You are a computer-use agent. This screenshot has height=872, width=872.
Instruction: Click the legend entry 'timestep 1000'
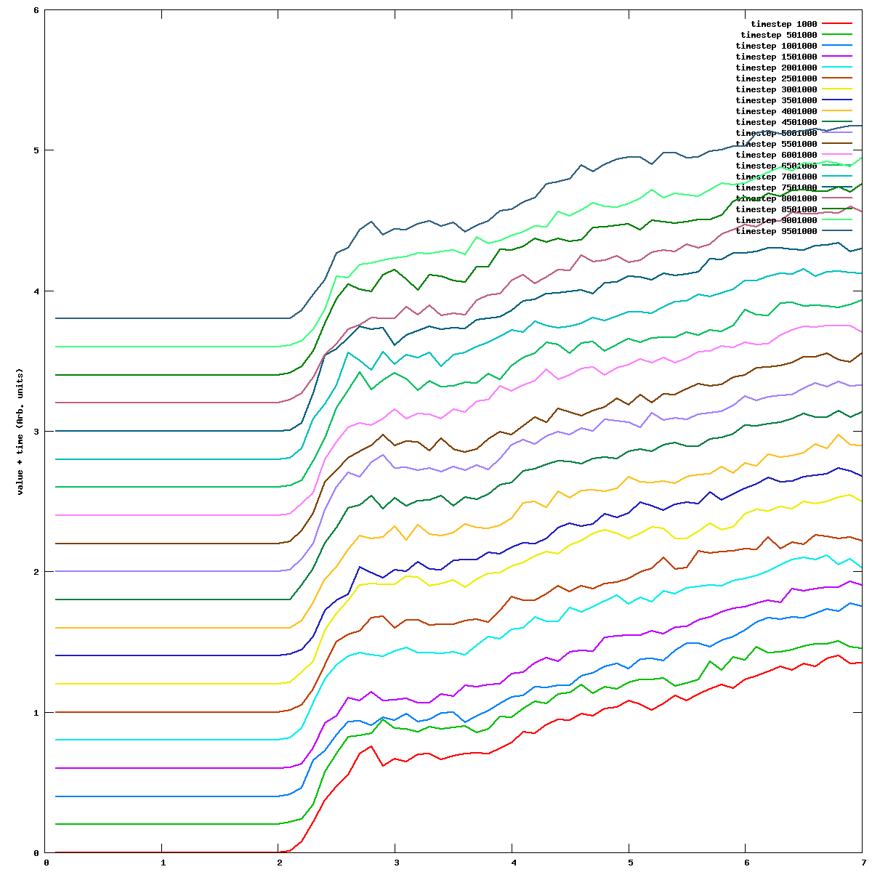point(783,24)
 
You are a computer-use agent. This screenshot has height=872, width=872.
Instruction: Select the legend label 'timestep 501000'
point(778,35)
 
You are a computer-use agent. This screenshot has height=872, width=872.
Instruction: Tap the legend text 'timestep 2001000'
point(776,68)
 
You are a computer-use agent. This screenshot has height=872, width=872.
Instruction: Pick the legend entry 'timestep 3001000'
point(776,89)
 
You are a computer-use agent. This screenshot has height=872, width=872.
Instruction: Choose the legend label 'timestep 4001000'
point(776,111)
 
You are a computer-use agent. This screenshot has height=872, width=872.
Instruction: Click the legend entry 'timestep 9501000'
point(776,231)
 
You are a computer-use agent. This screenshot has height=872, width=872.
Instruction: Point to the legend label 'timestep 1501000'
point(776,57)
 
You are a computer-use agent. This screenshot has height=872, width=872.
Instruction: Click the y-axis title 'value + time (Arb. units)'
point(20,432)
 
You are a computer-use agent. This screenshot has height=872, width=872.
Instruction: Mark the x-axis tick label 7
point(863,863)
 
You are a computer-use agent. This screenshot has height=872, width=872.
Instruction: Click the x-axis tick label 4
point(512,863)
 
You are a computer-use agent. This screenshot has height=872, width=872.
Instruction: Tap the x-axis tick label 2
point(279,863)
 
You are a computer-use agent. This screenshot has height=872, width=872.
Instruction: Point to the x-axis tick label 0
point(46,863)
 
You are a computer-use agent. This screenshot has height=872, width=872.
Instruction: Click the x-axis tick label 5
point(629,863)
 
